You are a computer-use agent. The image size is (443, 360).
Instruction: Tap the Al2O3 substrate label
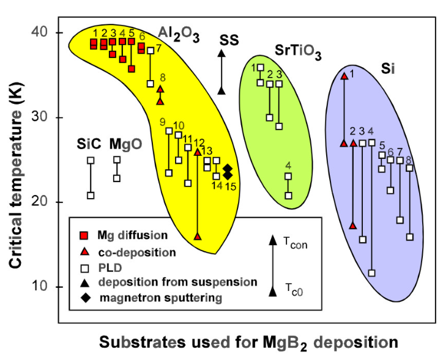click(x=179, y=34)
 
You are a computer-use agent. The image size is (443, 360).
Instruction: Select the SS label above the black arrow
click(x=229, y=40)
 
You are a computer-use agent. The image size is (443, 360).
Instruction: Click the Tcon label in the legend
click(x=294, y=243)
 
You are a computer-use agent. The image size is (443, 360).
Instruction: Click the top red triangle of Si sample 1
click(x=344, y=76)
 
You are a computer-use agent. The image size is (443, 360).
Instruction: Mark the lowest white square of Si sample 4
click(x=371, y=273)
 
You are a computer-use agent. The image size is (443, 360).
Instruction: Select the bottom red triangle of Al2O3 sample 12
click(x=197, y=236)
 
